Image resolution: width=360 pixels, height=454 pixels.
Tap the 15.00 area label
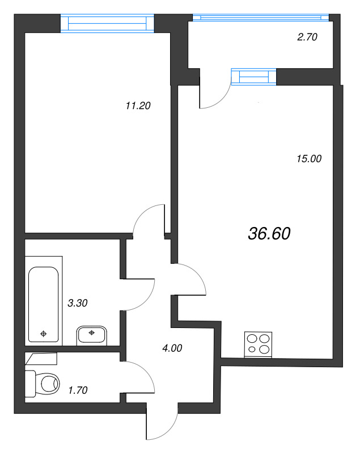point(308,159)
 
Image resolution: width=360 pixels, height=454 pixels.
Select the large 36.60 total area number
point(269,232)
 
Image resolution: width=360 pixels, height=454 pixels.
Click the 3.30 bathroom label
point(77,303)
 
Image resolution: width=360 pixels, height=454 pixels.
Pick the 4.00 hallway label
point(171,348)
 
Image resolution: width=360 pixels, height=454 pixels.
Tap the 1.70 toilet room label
point(77,390)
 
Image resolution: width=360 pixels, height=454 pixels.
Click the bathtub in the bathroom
point(44,304)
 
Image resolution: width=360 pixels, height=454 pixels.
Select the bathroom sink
point(91,334)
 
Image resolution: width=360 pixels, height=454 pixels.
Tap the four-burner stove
point(259,344)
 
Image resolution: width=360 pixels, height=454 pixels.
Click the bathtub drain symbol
point(44,334)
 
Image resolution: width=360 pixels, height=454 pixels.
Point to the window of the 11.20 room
point(107,23)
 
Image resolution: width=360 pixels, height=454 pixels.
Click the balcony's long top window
point(261,18)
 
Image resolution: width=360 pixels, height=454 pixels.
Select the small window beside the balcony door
point(253,77)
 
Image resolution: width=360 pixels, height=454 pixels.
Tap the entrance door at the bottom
point(162,426)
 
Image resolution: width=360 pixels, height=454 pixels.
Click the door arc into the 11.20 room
point(147,218)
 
